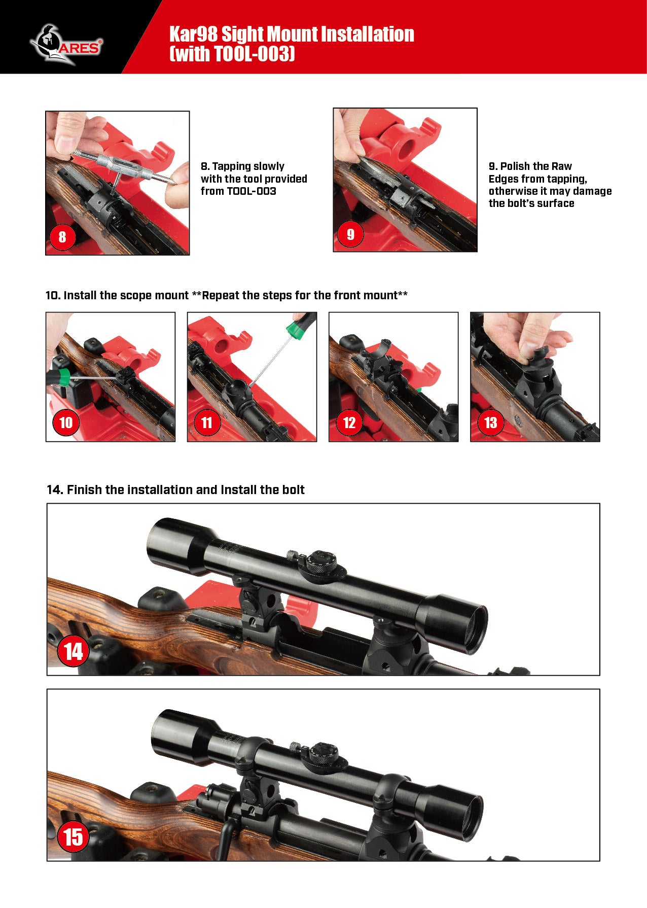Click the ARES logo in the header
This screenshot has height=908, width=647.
(66, 45)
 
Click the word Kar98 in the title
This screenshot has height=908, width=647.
(193, 34)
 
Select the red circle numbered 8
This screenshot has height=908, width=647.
(62, 236)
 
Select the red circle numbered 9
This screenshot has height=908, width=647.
(350, 234)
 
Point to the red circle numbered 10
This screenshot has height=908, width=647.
(66, 423)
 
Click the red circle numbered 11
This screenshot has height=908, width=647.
(207, 423)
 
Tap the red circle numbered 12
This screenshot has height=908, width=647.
(349, 423)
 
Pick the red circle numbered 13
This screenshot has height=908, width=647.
(490, 423)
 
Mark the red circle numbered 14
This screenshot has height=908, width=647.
(74, 651)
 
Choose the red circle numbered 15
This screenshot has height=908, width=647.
(74, 837)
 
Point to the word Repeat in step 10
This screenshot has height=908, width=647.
(219, 295)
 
